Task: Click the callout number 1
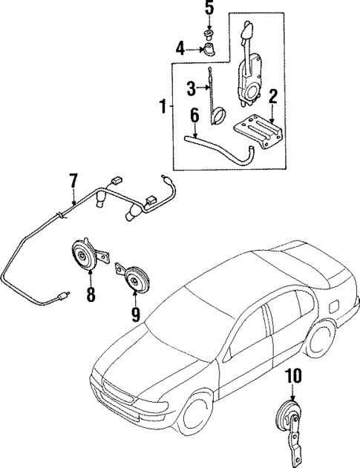(162, 108)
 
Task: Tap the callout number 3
(191, 89)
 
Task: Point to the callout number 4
(180, 50)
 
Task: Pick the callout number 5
(209, 10)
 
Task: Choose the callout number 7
(73, 180)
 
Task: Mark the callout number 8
(91, 294)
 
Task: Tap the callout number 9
(136, 314)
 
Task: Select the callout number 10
(295, 378)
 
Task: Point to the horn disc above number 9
(134, 280)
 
